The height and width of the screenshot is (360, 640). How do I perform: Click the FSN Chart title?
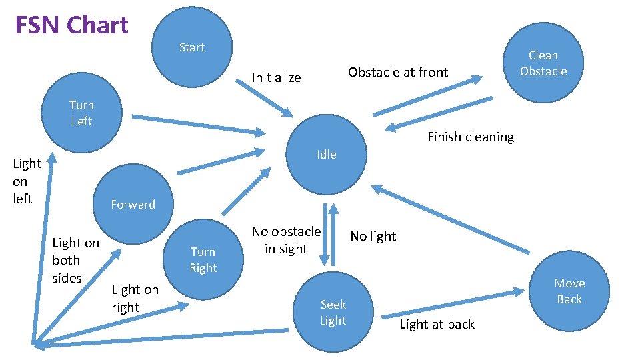click(x=72, y=25)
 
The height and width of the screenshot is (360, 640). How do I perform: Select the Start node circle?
click(x=192, y=47)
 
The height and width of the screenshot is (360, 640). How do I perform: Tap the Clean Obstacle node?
click(x=543, y=63)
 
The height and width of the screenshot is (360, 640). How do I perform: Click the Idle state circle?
click(x=327, y=154)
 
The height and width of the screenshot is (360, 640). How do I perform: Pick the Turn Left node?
click(x=81, y=113)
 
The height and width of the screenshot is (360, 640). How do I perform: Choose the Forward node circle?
click(x=133, y=204)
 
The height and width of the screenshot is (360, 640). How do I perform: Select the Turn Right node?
click(x=203, y=259)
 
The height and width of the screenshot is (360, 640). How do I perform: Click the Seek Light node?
click(x=333, y=312)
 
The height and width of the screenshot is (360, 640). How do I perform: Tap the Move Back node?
click(x=569, y=291)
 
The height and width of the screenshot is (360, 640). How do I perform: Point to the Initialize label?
click(x=276, y=77)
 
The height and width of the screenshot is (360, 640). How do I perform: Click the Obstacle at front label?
click(x=398, y=72)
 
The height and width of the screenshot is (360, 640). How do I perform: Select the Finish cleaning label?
click(x=471, y=137)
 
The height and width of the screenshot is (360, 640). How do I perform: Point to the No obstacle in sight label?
click(x=286, y=240)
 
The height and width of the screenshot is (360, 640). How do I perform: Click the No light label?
click(x=373, y=236)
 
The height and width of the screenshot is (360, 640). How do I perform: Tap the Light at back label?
click(x=437, y=324)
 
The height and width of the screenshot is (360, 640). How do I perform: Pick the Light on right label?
click(x=135, y=298)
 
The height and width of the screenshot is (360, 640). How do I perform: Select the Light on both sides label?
click(x=75, y=260)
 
